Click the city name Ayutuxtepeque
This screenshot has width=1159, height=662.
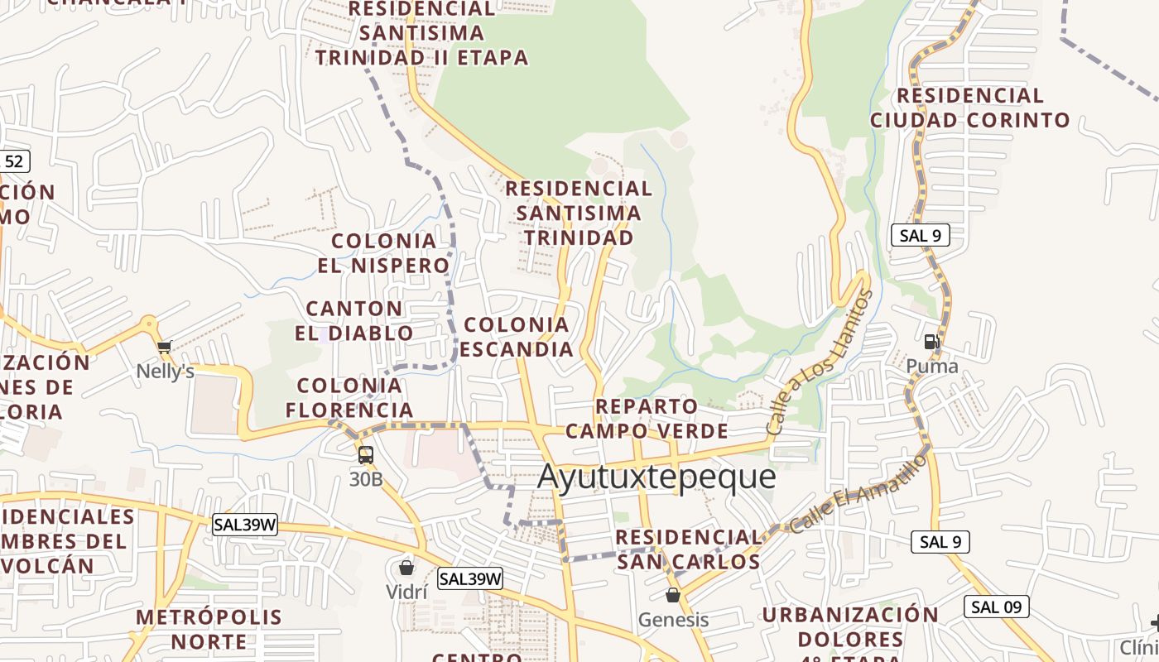(656, 477)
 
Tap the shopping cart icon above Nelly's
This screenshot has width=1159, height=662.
(164, 348)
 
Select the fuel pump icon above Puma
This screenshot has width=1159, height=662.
(931, 341)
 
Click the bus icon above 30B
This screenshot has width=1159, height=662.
(365, 454)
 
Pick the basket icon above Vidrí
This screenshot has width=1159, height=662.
(406, 567)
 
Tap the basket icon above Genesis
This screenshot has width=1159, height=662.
(673, 594)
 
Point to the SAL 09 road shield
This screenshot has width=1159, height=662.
(997, 607)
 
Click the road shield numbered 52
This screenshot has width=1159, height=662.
(14, 161)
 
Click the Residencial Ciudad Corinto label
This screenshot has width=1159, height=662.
(969, 108)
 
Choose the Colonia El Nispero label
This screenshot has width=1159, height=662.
(383, 253)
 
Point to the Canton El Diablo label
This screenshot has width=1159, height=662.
(354, 321)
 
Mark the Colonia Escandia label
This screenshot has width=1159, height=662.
(517, 337)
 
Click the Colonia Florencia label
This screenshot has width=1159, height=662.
(349, 397)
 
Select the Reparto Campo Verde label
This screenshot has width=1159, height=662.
(647, 419)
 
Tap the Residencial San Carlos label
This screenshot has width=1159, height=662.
(688, 549)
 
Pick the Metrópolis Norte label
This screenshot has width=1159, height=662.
(209, 629)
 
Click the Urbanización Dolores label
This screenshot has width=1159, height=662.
(850, 627)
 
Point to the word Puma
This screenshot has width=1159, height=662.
(932, 367)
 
